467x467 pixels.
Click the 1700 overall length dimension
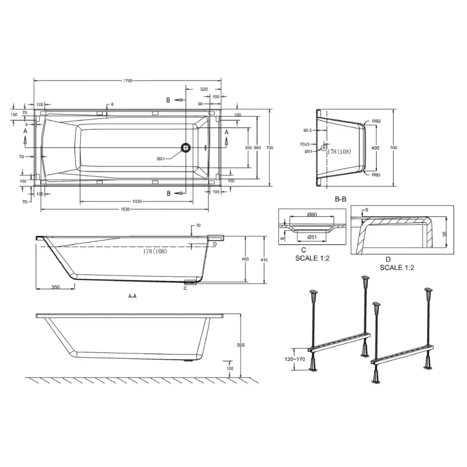[128, 81]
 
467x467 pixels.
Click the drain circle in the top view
[186, 147]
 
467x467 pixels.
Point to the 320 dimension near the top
[203, 89]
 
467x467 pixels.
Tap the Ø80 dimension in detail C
[312, 215]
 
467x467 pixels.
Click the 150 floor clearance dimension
[230, 368]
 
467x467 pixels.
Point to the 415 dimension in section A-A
[264, 260]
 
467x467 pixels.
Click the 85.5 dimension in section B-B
[308, 130]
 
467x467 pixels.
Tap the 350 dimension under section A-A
[55, 288]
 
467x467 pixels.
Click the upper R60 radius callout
[377, 121]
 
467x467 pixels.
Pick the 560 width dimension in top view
[257, 147]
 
